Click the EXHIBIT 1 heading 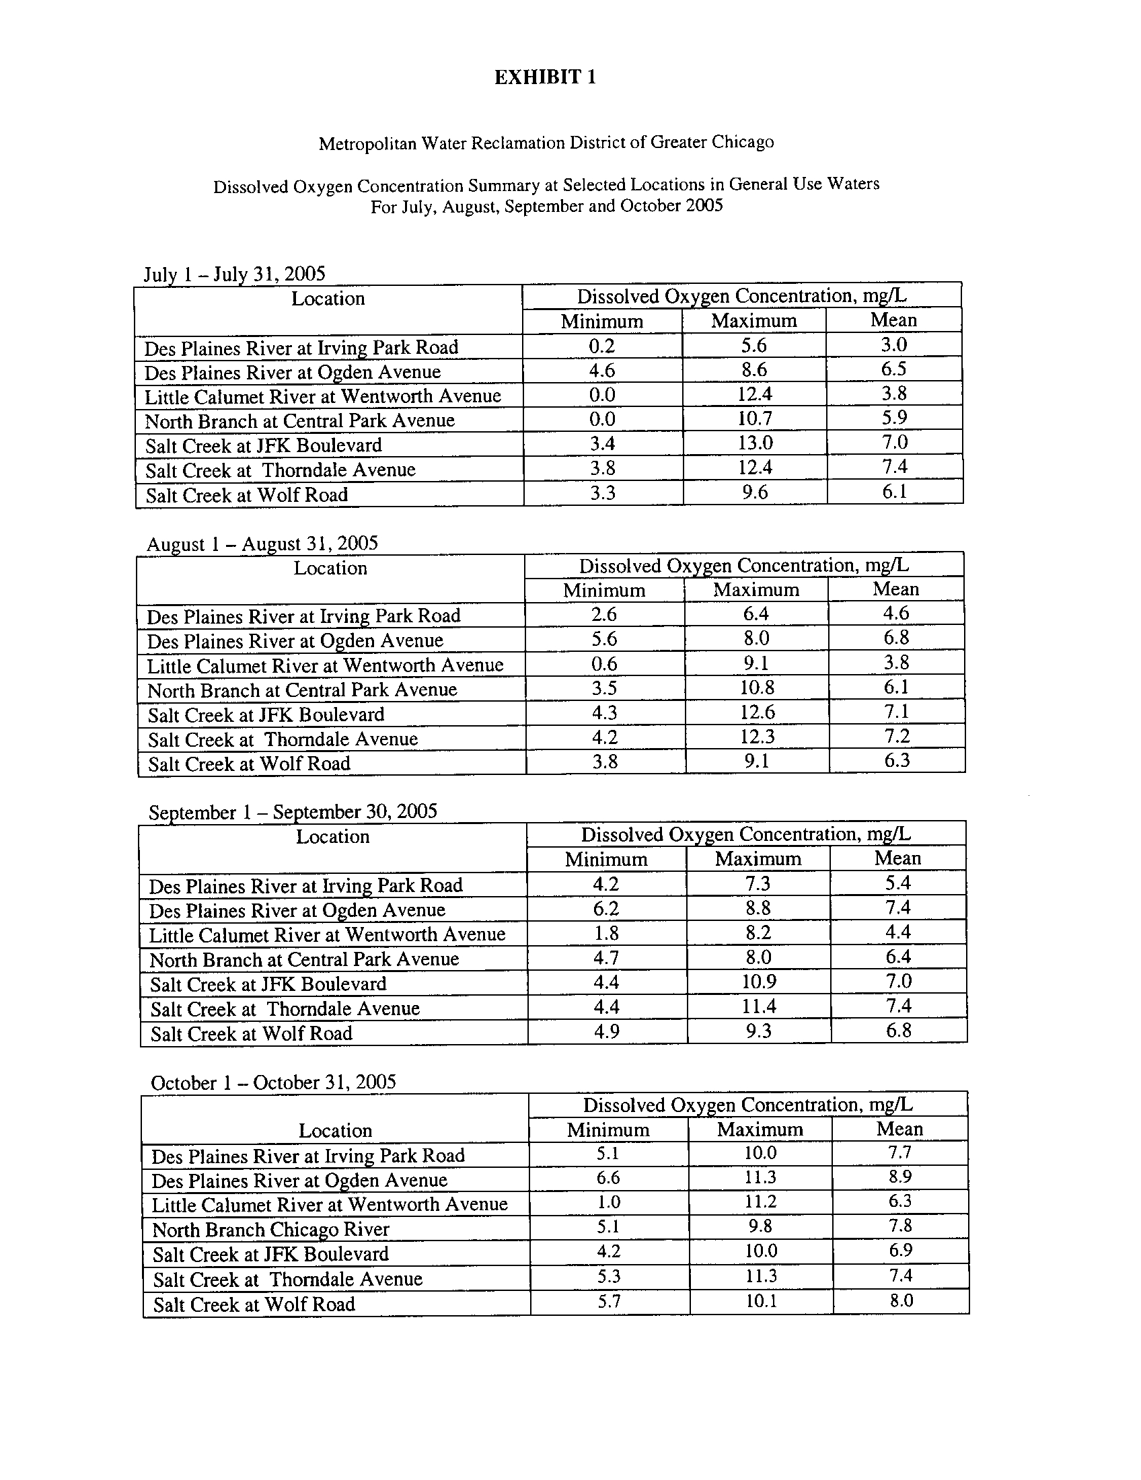(x=545, y=77)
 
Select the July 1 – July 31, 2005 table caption (x=234, y=274)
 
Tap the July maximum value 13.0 (x=754, y=443)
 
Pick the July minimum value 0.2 (x=601, y=346)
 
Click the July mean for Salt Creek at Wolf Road (x=894, y=492)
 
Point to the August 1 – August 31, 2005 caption (x=262, y=544)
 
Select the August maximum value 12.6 (x=757, y=712)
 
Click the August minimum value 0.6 (x=603, y=663)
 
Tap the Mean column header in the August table (x=895, y=589)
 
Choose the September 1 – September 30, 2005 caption (x=293, y=812)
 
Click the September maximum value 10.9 (x=758, y=982)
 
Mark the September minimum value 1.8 (x=606, y=933)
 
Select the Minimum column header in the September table (x=606, y=859)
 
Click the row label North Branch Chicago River (x=270, y=1229)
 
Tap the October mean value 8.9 (x=899, y=1177)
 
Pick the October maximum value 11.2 (x=760, y=1201)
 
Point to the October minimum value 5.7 (x=608, y=1300)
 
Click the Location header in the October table (x=336, y=1130)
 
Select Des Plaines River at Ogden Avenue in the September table (x=297, y=910)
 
